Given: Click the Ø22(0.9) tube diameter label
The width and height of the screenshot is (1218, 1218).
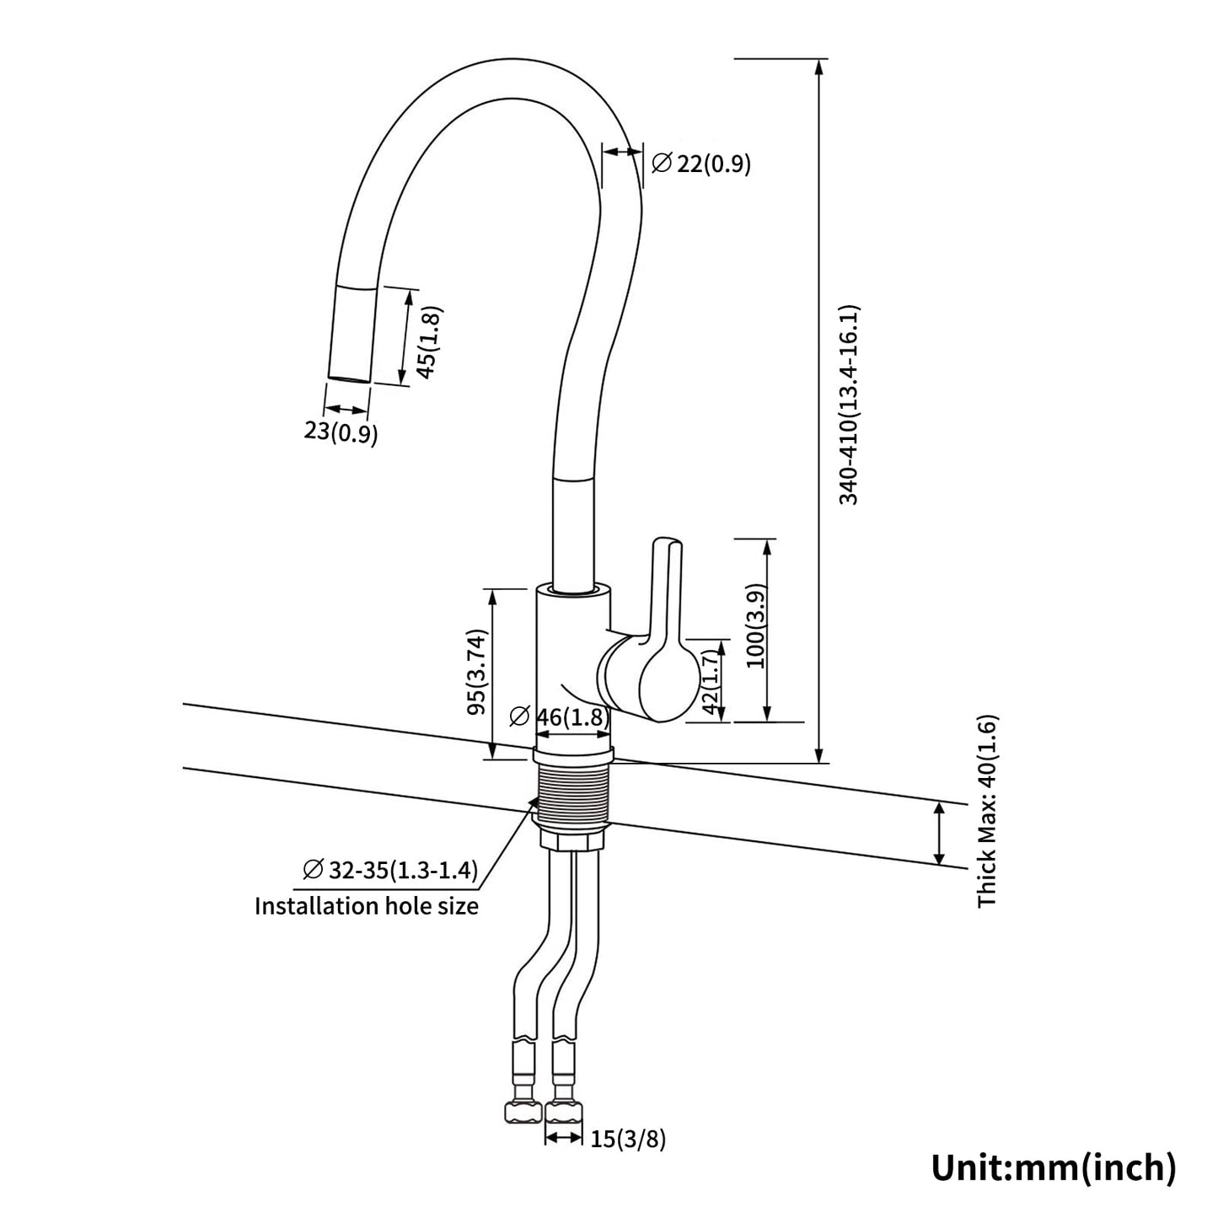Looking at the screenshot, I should click(701, 164).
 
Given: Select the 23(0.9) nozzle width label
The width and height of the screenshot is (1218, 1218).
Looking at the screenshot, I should click(341, 432).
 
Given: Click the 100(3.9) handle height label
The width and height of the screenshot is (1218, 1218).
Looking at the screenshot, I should click(755, 625).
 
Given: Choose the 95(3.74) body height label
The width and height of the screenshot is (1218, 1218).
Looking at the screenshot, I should click(478, 672).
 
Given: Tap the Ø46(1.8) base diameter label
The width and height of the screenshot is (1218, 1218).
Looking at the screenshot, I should click(560, 716).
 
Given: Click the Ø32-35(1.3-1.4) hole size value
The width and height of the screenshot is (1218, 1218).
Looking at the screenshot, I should click(390, 869).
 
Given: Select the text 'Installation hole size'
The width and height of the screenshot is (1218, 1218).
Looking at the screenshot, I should click(367, 906).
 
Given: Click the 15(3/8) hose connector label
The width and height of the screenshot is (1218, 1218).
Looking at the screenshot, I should click(628, 1140).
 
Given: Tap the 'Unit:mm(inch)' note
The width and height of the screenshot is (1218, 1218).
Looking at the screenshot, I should click(1053, 1167).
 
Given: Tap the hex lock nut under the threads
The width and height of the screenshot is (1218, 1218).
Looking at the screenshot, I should click(571, 841).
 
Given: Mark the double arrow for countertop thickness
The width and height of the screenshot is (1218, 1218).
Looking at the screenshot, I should click(939, 834).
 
